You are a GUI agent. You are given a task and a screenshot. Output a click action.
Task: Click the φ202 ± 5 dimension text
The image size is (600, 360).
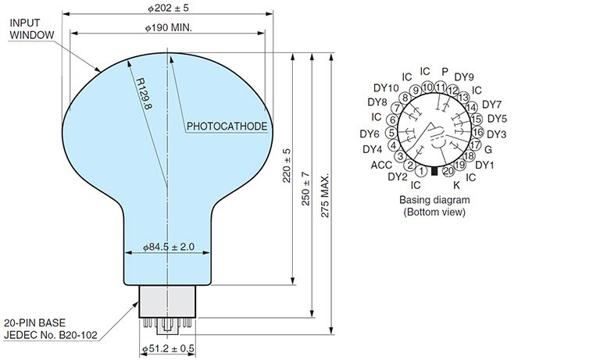coord(169,8)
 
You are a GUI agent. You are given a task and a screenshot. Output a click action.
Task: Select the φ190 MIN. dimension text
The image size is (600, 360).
coord(169,27)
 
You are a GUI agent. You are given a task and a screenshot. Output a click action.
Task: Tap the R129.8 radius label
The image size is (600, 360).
coord(145,94)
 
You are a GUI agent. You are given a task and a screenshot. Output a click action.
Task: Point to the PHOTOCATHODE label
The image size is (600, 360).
coord(227,127)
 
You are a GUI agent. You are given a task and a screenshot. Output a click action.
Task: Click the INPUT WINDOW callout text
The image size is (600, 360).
coord(32,29)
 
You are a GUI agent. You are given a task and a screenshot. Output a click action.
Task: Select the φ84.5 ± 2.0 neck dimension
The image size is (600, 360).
coord(169,247)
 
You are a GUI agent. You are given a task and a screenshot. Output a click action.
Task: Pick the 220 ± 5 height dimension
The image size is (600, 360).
coord(287,166)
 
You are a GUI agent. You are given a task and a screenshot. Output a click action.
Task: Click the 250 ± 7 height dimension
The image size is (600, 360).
coord(305,189)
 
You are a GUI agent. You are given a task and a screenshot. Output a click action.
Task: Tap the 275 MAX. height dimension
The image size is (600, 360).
coord(324,196)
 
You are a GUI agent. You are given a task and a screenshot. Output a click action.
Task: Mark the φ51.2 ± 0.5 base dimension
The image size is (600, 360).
coord(169,348)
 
